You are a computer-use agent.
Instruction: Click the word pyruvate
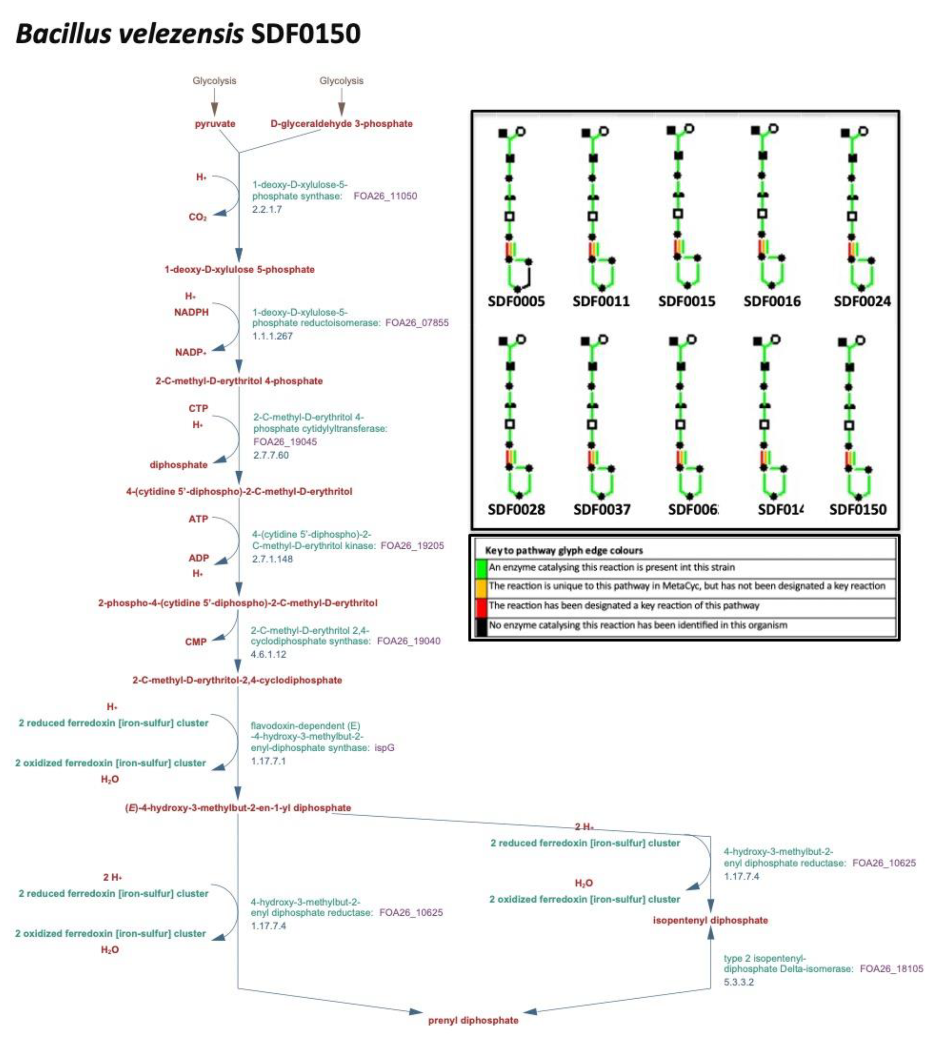tap(215, 124)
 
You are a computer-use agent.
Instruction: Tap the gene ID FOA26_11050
tap(385, 196)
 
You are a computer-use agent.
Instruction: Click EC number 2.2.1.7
tap(267, 209)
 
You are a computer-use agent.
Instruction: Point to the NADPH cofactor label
tap(191, 312)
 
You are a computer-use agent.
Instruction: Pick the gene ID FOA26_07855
tap(417, 323)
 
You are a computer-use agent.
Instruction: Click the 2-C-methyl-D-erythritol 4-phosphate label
tap(239, 381)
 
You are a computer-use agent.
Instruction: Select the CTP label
tap(198, 408)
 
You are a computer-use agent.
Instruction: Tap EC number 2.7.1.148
tap(272, 559)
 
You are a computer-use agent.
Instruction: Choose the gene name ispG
tap(384, 748)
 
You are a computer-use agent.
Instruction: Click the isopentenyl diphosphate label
tap(710, 920)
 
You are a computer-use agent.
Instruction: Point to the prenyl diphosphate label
tap(473, 1020)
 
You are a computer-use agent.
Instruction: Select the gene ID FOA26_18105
tap(891, 969)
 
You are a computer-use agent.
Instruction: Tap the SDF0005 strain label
tap(516, 301)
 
